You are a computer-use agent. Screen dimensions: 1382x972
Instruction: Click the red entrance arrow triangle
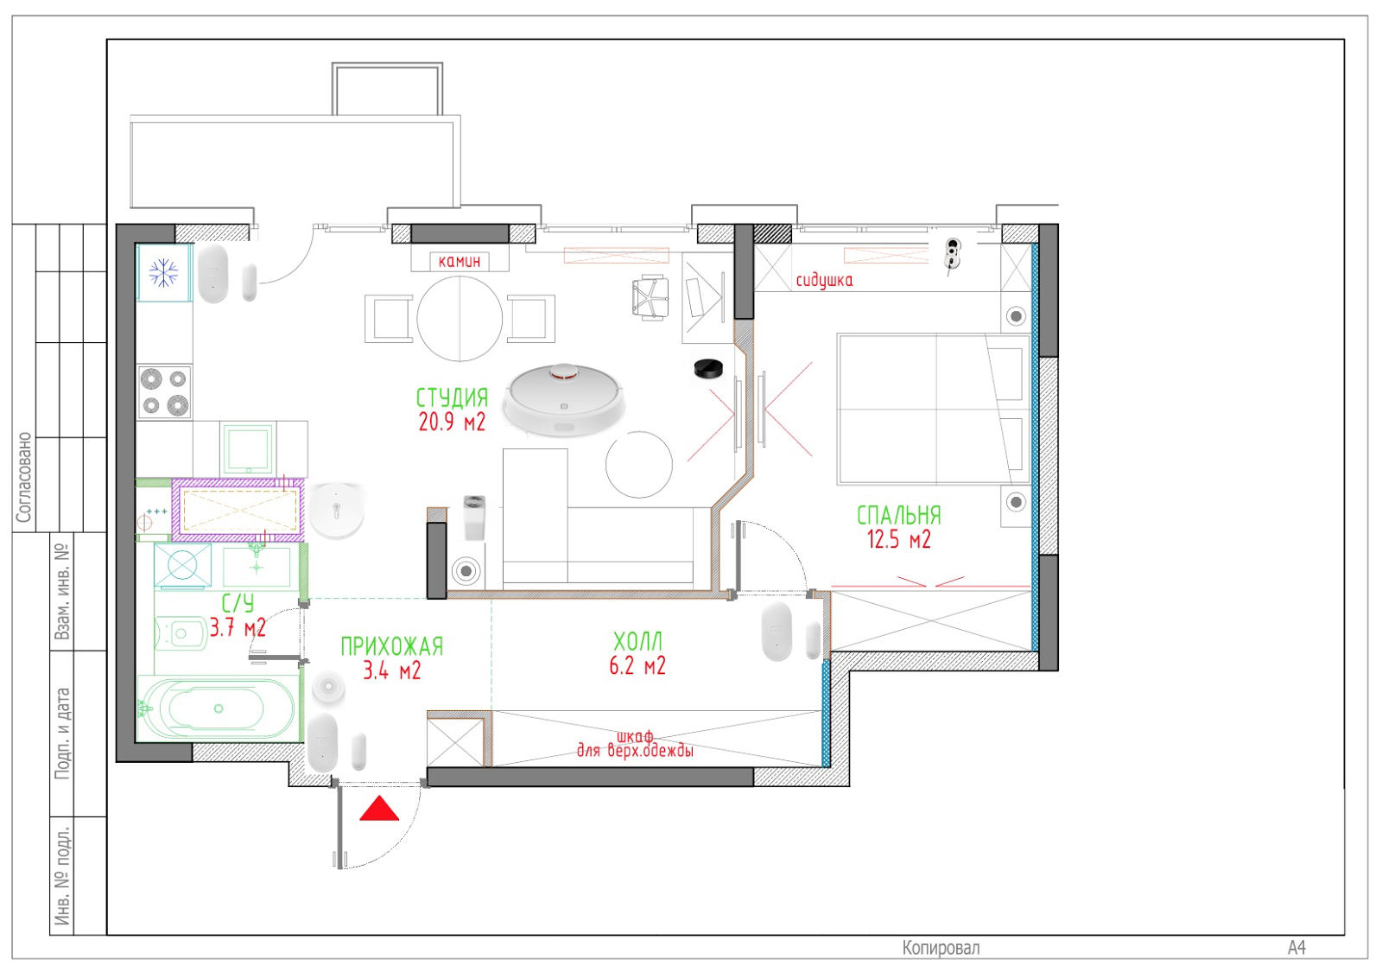(379, 809)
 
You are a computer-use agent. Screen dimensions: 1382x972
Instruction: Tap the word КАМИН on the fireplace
(460, 261)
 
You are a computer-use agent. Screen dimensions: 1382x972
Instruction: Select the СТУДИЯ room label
(453, 397)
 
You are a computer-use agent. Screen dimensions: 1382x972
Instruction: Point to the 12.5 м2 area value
(899, 539)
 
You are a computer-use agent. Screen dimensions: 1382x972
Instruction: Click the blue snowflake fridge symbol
(163, 273)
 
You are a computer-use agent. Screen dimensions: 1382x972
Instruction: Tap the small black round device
(708, 368)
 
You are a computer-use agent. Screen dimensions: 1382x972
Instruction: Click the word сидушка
(824, 281)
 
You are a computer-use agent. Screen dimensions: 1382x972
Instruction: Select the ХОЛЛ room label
(638, 642)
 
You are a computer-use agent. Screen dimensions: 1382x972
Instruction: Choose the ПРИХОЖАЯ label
(392, 646)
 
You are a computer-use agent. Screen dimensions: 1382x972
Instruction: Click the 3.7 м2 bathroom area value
(238, 628)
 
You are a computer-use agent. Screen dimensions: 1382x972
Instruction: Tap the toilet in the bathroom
(181, 633)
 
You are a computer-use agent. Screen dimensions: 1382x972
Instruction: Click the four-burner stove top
(164, 392)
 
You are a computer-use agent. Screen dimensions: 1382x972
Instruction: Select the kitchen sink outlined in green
(247, 448)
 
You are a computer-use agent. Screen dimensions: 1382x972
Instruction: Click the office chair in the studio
(650, 298)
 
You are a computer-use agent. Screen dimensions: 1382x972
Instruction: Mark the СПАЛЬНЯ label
(899, 515)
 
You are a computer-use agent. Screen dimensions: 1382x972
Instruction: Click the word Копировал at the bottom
(941, 948)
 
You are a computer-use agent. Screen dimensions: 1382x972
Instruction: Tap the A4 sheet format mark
(1296, 948)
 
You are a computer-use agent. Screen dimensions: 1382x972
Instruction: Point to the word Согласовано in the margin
(24, 477)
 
